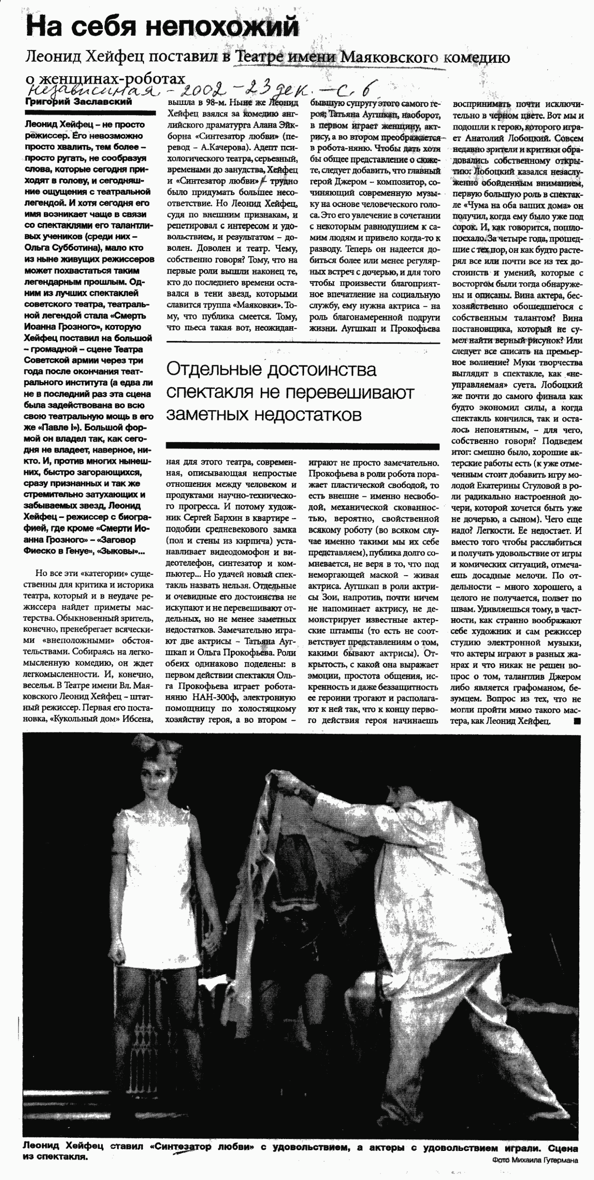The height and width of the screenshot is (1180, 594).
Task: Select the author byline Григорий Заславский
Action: point(78,101)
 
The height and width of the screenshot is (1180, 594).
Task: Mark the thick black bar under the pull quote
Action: point(302,446)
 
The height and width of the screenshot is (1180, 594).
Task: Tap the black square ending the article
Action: point(577,721)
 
